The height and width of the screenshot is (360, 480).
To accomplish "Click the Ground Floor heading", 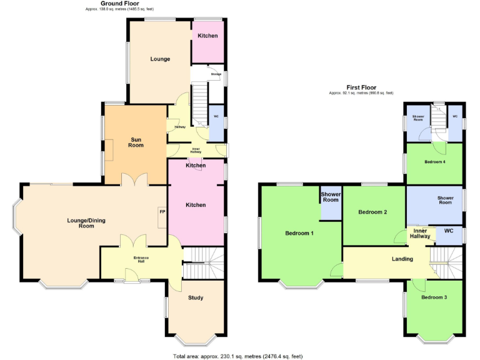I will (119, 4).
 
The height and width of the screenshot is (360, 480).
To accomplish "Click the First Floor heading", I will (361, 87).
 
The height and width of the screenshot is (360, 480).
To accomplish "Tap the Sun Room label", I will (136, 142).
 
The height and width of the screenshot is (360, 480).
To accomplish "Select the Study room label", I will (196, 297).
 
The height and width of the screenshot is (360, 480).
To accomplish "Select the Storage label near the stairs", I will (216, 74).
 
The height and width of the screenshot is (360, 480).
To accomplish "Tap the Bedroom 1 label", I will (299, 233).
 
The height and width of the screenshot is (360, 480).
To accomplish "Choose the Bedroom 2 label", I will (372, 212).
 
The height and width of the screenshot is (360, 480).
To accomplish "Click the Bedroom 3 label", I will (434, 297).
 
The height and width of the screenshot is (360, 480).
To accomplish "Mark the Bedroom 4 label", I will (434, 162).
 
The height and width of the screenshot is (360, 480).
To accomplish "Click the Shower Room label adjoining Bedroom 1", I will (331, 197).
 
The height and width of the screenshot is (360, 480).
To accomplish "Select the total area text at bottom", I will (237, 356).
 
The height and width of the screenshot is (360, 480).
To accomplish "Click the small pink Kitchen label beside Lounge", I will (207, 36).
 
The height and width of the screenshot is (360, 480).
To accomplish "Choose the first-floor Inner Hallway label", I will (420, 233).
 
